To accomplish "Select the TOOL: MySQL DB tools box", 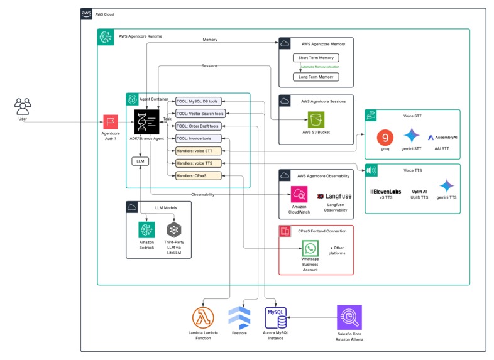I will (197, 101).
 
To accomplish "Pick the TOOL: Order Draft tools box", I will (197, 126).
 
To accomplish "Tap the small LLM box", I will (141, 161).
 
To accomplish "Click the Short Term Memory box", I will (316, 58).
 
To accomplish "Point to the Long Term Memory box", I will (316, 77).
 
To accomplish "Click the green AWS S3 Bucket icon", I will (316, 119).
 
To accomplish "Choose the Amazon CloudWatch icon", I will (299, 195).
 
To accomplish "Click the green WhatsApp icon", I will (310, 248).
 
